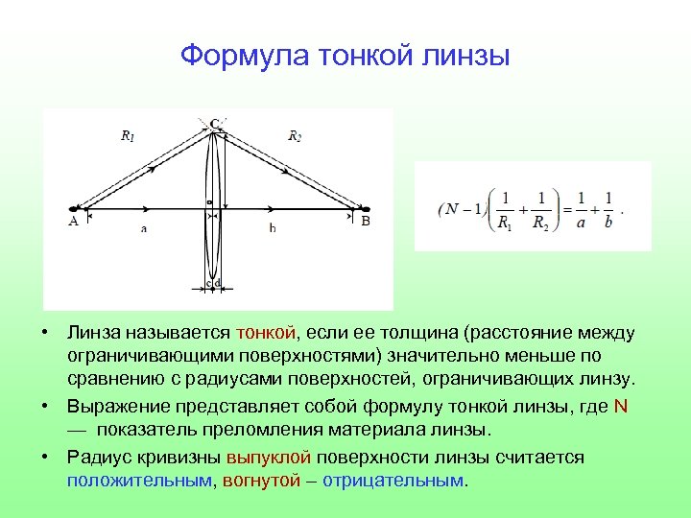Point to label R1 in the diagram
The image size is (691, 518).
click(x=128, y=137)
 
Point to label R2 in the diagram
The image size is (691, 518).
click(x=296, y=136)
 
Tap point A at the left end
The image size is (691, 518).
click(x=73, y=220)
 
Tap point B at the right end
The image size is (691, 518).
click(x=365, y=220)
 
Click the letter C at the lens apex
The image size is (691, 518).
click(x=214, y=123)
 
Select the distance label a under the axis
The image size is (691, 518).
click(x=144, y=228)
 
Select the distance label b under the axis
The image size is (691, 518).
click(x=273, y=228)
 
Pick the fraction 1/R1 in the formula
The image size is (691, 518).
click(x=504, y=209)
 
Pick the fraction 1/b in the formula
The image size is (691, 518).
click(x=608, y=209)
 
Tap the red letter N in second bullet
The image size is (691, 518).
click(x=621, y=406)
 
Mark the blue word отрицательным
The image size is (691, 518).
click(x=393, y=480)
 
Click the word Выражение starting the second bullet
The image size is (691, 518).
click(x=113, y=406)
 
